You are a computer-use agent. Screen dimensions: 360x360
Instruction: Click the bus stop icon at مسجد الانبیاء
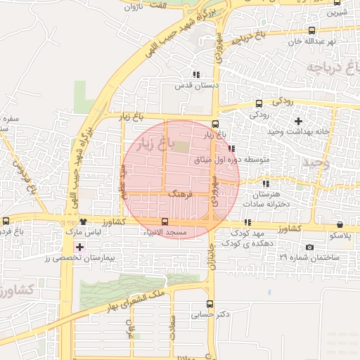pyautogui.click(x=165, y=221)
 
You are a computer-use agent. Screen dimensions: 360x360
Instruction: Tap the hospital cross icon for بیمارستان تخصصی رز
pyautogui.click(x=79, y=247)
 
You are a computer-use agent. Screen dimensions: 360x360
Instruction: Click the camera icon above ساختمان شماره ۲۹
pyautogui.click(x=310, y=247)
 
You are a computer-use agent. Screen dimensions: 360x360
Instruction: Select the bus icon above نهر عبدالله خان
pyautogui.click(x=312, y=30)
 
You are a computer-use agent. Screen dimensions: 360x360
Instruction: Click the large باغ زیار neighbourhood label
pyautogui.click(x=153, y=144)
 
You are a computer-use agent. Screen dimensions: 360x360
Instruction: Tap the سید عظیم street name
pyautogui.click(x=122, y=182)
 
